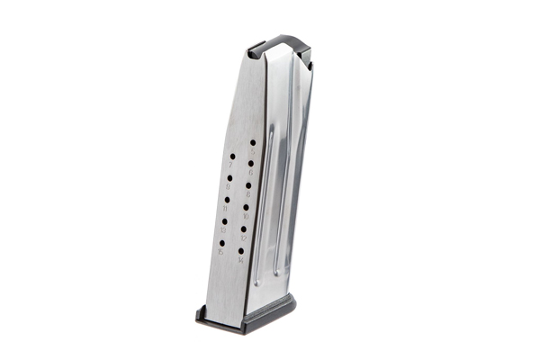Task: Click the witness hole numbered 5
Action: (253, 142)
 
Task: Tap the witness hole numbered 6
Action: (252, 165)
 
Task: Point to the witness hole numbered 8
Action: (249, 185)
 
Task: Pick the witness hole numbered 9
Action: (229, 177)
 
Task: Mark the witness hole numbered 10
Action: (247, 208)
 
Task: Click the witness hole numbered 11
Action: (226, 199)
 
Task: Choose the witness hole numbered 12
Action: (245, 229)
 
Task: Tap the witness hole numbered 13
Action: (224, 220)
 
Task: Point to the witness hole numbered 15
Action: (221, 242)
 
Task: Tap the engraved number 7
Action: (230, 166)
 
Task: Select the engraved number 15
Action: (220, 252)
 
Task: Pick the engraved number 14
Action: (241, 260)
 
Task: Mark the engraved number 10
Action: (246, 217)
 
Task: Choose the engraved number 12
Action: (244, 238)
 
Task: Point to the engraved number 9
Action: (228, 187)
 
